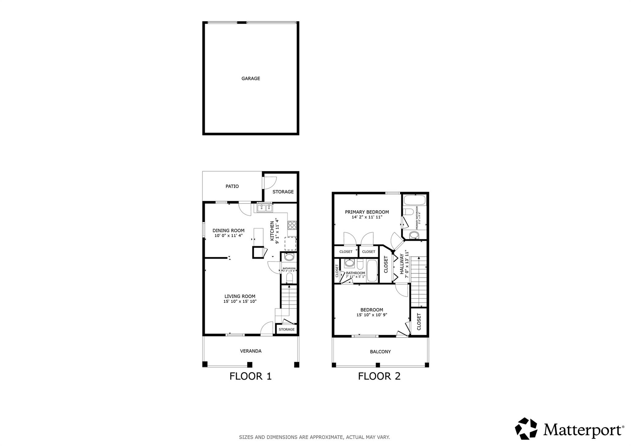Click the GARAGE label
(250, 79)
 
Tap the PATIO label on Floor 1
(232, 186)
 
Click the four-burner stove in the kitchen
(292, 225)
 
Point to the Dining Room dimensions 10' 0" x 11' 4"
(228, 236)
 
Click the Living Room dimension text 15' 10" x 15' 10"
(240, 302)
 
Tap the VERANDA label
(250, 351)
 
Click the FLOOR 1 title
(250, 376)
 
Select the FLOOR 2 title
(379, 376)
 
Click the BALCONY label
(380, 351)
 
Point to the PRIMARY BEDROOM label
(367, 212)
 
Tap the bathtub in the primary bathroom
(414, 200)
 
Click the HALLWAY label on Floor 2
(402, 264)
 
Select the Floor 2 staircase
(419, 281)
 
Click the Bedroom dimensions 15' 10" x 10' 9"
(372, 315)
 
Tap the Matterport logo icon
(526, 428)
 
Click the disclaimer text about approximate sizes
(314, 437)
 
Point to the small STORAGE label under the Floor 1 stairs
(287, 329)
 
